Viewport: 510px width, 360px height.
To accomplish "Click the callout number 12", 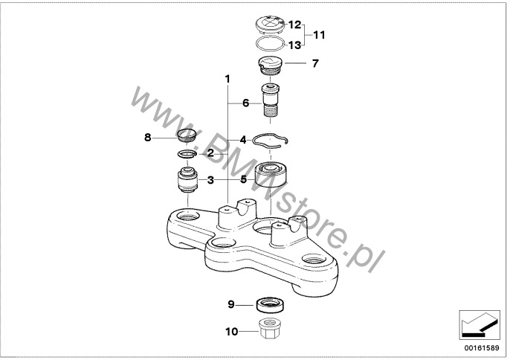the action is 295,25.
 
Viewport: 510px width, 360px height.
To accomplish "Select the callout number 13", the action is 295,45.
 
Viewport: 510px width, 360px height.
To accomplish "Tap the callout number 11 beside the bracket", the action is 319,35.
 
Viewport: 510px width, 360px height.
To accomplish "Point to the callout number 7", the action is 315,63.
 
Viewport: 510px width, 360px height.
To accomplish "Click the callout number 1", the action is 227,79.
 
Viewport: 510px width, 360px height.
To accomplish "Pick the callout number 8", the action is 148,138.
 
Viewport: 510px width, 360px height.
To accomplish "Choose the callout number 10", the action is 232,332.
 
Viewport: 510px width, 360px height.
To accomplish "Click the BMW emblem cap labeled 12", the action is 269,26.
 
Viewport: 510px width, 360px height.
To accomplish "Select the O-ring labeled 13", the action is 270,44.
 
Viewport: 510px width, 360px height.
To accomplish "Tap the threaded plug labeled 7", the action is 270,66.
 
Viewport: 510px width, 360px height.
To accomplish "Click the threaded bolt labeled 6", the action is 271,101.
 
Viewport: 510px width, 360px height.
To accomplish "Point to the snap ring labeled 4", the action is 271,141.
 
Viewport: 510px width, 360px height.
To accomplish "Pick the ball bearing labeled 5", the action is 271,174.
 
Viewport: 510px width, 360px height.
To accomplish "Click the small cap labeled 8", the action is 187,135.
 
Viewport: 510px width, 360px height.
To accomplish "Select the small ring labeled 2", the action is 187,153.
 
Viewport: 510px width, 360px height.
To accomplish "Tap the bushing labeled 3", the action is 188,180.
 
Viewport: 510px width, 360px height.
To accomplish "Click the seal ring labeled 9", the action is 271,304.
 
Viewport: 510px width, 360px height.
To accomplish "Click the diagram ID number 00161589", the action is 482,348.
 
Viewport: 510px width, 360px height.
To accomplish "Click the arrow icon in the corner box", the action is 480,324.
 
